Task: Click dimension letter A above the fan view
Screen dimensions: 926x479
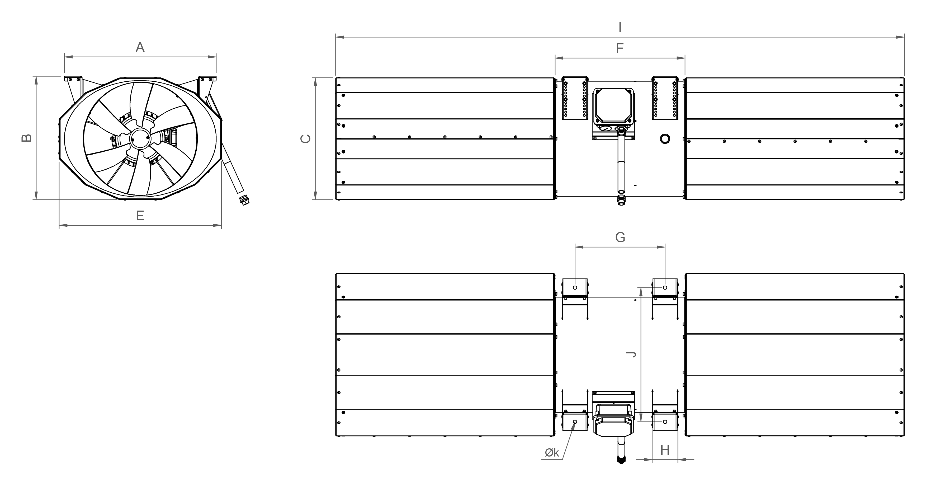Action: click(140, 47)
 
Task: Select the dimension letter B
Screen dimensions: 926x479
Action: click(27, 138)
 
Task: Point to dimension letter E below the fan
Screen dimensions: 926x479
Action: click(140, 216)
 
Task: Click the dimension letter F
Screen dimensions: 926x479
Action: click(620, 48)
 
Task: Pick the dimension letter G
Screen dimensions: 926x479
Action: click(620, 238)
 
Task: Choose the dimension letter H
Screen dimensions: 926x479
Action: click(665, 450)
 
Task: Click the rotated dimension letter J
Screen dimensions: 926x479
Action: click(631, 355)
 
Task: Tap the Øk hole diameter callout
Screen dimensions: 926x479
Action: click(552, 453)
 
